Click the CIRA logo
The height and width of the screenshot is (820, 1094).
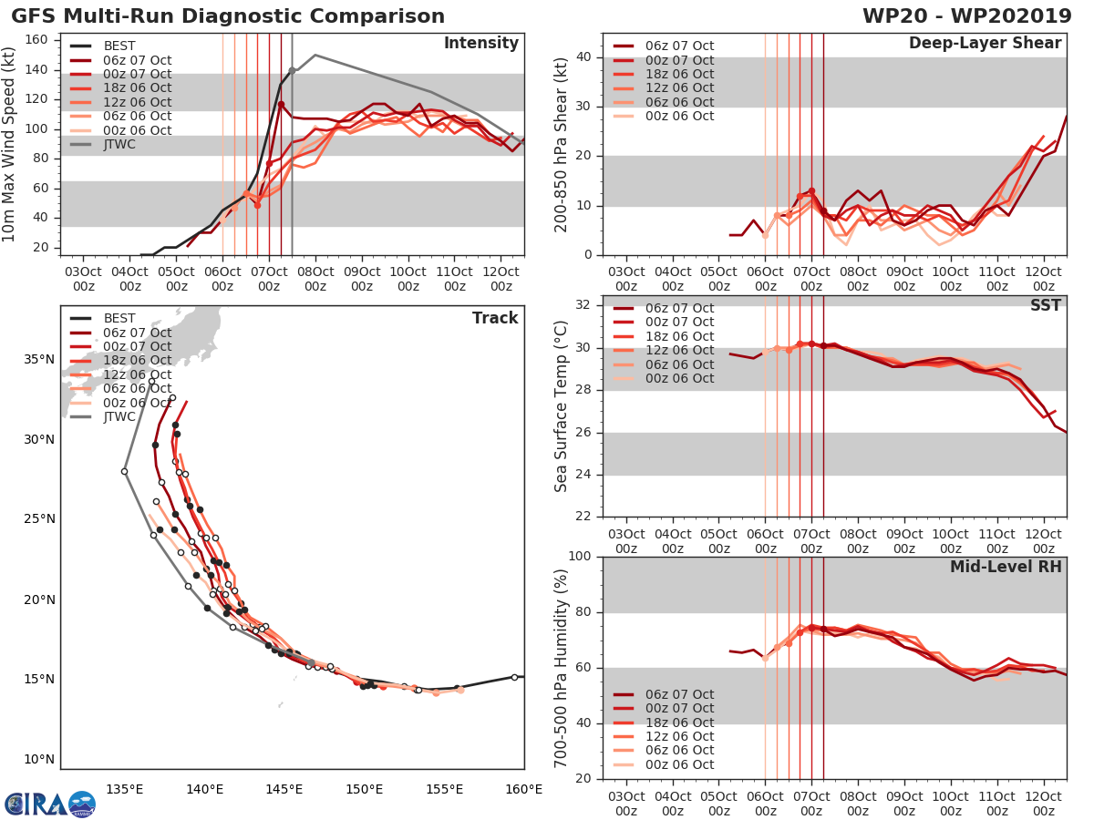pyautogui.click(x=49, y=804)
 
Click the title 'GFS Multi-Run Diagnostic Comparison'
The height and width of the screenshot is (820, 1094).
pyautogui.click(x=228, y=16)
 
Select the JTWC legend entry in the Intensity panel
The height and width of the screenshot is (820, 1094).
pyautogui.click(x=119, y=144)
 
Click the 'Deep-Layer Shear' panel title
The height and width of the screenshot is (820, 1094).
pyautogui.click(x=985, y=44)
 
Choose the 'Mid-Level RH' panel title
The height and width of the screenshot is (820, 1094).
pyautogui.click(x=1006, y=567)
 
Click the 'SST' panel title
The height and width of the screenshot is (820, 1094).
pyautogui.click(x=1047, y=305)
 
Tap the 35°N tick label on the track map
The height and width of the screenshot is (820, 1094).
pyautogui.click(x=38, y=359)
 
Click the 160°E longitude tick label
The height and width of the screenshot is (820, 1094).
pyautogui.click(x=524, y=788)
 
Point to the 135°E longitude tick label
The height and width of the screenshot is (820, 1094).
pyautogui.click(x=124, y=788)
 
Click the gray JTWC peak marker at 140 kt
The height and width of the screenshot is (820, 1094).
pyautogui.click(x=292, y=70)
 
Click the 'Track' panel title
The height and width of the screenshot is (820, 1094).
pyautogui.click(x=494, y=318)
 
